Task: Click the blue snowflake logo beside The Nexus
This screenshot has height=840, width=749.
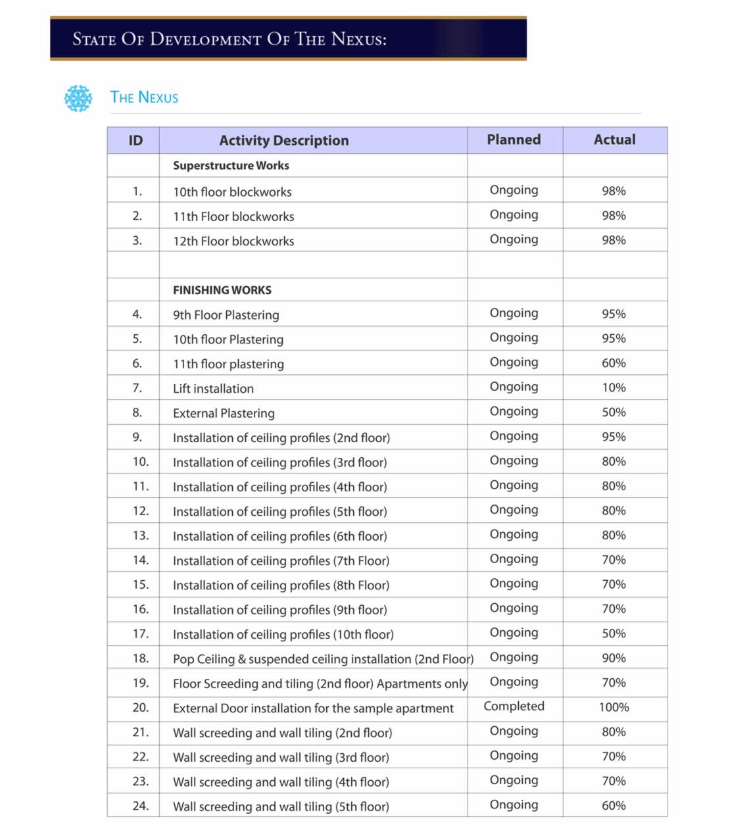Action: click(78, 98)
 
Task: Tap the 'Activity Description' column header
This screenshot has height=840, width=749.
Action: click(283, 140)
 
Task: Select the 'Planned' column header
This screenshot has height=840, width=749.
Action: click(514, 139)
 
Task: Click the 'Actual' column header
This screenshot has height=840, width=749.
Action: click(614, 139)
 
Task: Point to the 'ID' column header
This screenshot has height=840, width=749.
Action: click(135, 140)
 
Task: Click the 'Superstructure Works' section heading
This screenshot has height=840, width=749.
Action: click(231, 166)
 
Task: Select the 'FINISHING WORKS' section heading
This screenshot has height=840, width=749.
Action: click(222, 290)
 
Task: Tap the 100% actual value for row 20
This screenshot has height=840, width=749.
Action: click(614, 707)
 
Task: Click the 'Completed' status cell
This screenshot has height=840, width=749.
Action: click(514, 706)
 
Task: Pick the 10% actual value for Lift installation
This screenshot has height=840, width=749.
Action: click(614, 387)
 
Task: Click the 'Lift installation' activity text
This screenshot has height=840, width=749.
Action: click(213, 389)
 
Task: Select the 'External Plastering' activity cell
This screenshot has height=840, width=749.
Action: click(224, 413)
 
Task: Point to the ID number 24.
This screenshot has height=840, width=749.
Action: click(140, 806)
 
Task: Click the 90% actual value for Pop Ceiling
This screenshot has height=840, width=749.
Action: click(614, 658)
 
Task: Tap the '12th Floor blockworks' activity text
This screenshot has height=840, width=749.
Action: click(233, 241)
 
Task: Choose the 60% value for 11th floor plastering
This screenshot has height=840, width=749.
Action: click(614, 363)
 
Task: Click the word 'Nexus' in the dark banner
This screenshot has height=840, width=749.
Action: click(358, 39)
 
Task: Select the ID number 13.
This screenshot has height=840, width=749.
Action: click(140, 535)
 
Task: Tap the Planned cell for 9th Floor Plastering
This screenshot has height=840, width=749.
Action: click(514, 313)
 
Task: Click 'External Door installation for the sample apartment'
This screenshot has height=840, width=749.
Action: click(313, 708)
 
